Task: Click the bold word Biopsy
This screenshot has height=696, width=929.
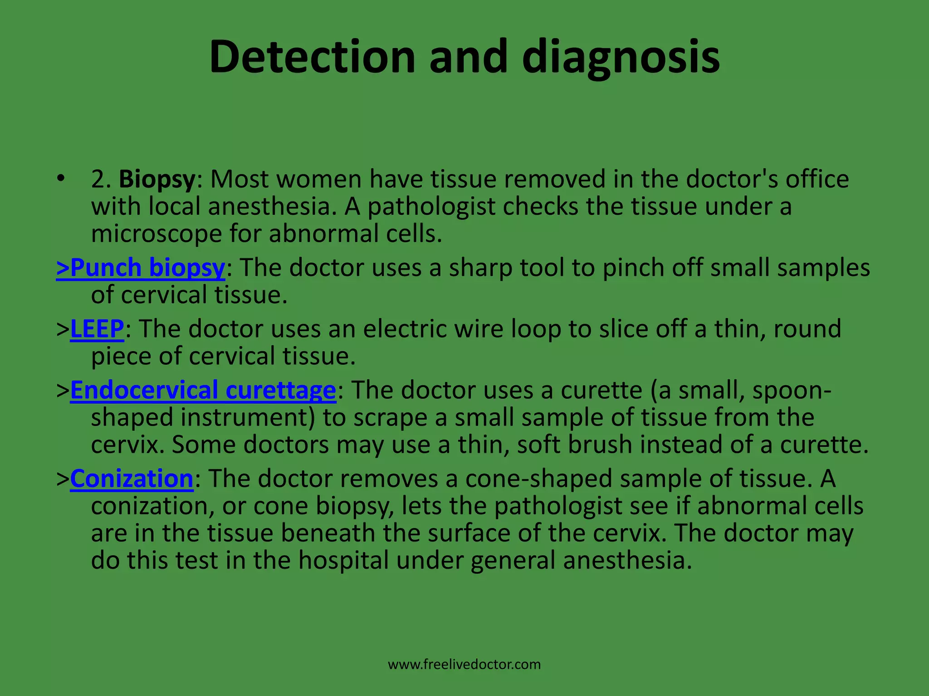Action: (x=157, y=179)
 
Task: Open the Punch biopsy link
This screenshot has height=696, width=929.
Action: (x=141, y=267)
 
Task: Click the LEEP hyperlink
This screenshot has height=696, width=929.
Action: (x=97, y=329)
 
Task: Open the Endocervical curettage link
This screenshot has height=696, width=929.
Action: (x=203, y=390)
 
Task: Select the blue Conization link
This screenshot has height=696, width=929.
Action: (x=132, y=478)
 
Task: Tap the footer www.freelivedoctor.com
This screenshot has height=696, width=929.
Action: (x=464, y=665)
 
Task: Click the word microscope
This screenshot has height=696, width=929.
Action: (x=156, y=234)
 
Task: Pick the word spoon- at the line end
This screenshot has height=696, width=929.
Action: (x=792, y=390)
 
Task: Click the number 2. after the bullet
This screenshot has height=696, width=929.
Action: (x=101, y=179)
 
